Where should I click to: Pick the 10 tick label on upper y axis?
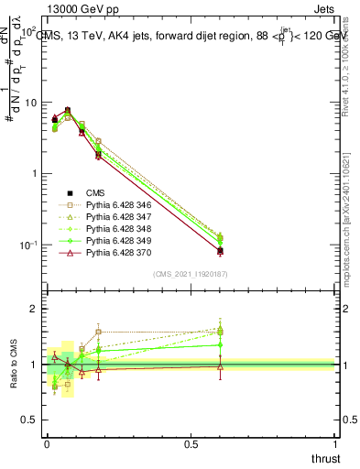[29, 103]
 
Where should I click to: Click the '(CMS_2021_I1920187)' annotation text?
[190, 274]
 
